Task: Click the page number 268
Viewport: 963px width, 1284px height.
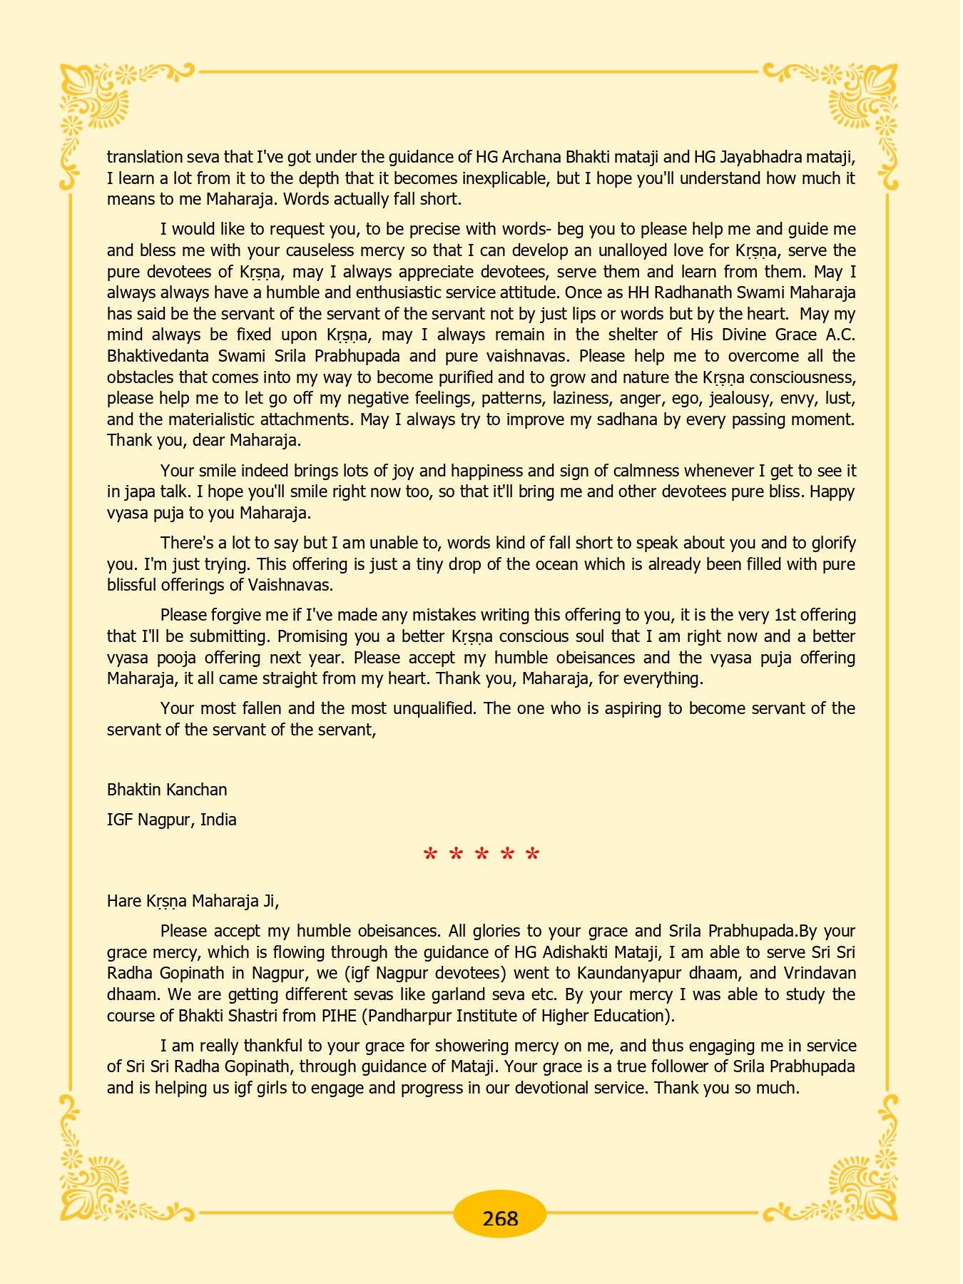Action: pos(500,1218)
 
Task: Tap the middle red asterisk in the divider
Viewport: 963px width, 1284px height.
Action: pos(481,855)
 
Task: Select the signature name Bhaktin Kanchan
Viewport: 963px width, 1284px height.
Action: pos(167,790)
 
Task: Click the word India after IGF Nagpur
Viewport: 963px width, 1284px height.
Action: pos(218,820)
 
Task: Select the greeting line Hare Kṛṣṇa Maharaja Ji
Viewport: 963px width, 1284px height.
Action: pos(193,901)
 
